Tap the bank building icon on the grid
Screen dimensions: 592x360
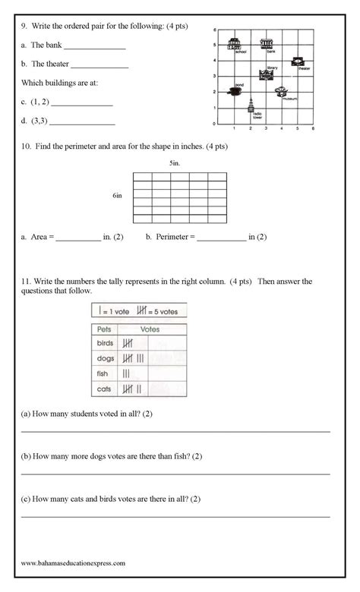(x=267, y=43)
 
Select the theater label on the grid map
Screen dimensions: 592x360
(x=304, y=69)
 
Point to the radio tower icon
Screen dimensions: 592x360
(x=251, y=106)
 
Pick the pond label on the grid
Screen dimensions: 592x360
(x=239, y=84)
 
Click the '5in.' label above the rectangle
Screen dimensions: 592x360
(x=175, y=163)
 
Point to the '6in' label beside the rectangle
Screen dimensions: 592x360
(x=118, y=195)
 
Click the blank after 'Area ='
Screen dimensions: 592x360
(x=78, y=239)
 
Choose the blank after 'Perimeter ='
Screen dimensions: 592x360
(x=221, y=239)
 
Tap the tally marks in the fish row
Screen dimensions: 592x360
(x=126, y=373)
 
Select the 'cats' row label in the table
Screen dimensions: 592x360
(x=104, y=389)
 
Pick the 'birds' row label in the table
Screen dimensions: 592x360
(x=104, y=343)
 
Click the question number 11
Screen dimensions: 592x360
(x=24, y=282)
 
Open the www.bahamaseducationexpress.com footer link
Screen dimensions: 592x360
(x=73, y=563)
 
